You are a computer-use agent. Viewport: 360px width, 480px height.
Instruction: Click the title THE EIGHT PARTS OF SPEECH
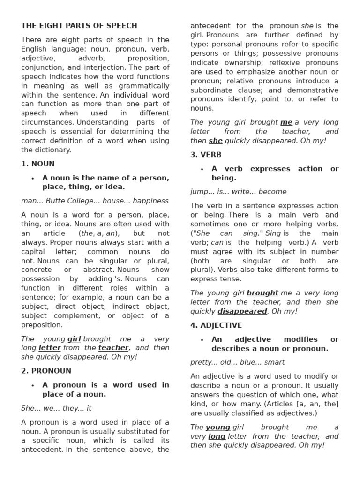click(79, 26)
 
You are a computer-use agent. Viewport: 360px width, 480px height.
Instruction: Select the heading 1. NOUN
click(38, 164)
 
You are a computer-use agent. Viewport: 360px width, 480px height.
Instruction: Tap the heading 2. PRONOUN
click(46, 371)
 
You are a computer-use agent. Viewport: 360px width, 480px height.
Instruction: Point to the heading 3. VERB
click(206, 155)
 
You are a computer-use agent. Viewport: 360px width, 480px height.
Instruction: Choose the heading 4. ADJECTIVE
click(216, 325)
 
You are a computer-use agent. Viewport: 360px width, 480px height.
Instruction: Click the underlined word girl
click(74, 339)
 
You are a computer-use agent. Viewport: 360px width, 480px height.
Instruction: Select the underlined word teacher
click(113, 348)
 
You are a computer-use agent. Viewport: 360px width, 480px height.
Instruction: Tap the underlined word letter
click(50, 348)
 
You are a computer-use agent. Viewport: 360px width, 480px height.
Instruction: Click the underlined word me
click(286, 122)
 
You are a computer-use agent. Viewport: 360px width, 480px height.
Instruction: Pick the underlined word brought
click(262, 293)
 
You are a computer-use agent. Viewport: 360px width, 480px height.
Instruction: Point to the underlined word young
click(218, 427)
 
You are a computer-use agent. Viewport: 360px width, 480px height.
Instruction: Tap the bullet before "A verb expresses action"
click(202, 169)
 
